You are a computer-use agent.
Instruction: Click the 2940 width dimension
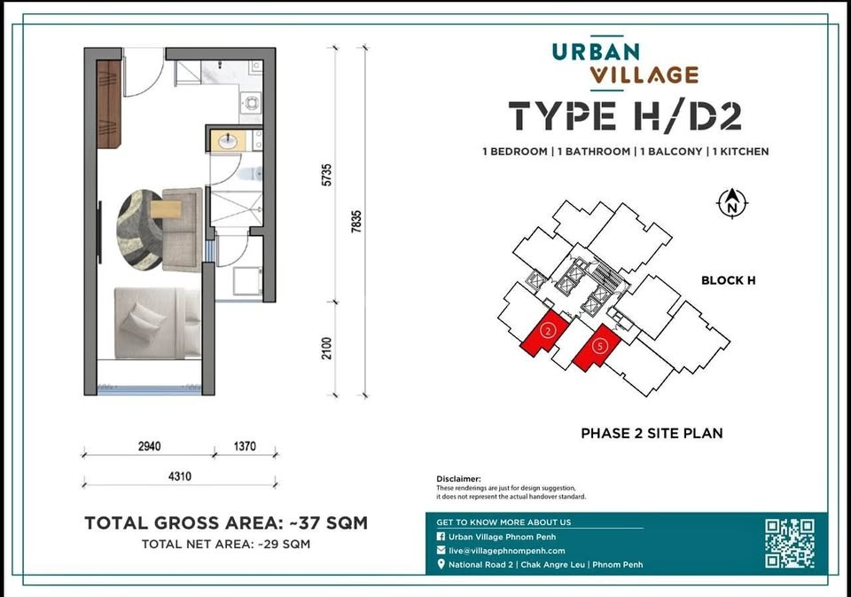149,446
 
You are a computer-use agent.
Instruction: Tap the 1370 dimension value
245,446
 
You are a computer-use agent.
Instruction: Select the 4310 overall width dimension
180,476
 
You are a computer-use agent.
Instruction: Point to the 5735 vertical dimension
327,175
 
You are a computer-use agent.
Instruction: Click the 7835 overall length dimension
356,222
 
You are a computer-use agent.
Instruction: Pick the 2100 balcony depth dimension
327,349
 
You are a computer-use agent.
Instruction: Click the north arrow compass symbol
732,203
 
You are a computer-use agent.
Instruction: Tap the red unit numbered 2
545,334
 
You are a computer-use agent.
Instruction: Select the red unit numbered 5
597,348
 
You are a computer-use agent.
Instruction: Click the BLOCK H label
729,280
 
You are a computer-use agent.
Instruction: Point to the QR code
790,543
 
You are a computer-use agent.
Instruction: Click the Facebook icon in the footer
441,536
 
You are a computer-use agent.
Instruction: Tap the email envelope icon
441,550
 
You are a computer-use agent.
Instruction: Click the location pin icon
441,564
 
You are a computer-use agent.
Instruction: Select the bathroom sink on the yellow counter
228,142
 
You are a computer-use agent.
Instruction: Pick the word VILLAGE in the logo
644,75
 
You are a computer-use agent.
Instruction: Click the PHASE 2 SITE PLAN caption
652,433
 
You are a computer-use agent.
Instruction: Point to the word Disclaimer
458,479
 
